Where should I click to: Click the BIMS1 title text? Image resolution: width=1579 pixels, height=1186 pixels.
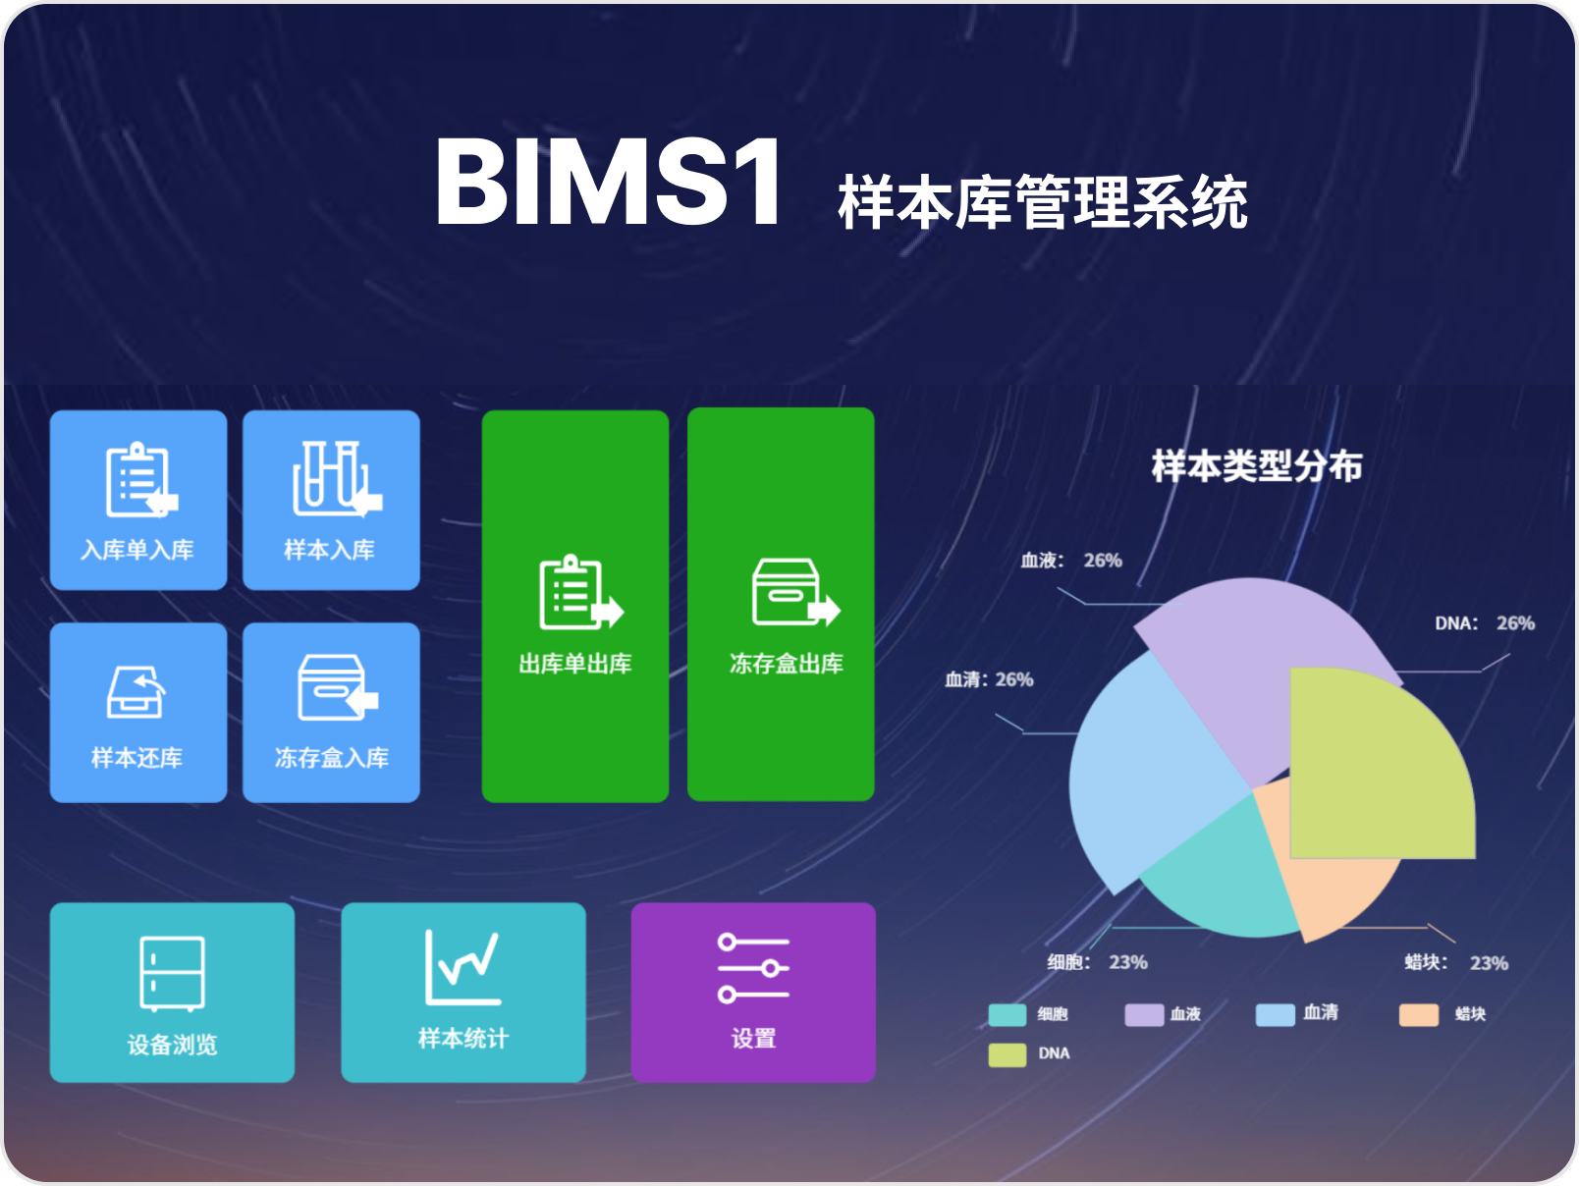(x=609, y=182)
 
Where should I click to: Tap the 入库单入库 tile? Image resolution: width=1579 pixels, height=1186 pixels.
(x=138, y=500)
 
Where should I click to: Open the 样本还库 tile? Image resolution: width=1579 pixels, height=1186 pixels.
(x=138, y=712)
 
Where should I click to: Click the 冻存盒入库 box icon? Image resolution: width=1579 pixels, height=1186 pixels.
(x=338, y=687)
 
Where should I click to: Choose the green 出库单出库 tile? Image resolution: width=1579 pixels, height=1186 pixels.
(x=574, y=606)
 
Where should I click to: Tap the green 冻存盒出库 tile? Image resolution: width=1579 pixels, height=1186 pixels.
(x=781, y=604)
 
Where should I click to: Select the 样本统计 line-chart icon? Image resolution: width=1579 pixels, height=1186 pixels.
(x=463, y=967)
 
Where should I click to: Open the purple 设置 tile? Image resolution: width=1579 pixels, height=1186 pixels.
(x=753, y=993)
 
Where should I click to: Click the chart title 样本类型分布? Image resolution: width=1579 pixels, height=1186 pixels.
(x=1257, y=465)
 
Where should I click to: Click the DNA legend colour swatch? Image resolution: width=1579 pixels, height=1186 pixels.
(x=1007, y=1054)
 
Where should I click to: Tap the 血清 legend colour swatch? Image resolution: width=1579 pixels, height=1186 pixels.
(x=1275, y=1015)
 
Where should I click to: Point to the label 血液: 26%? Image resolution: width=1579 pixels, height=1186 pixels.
(x=1071, y=561)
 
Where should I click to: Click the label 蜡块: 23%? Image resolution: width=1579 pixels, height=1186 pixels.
(x=1456, y=962)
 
